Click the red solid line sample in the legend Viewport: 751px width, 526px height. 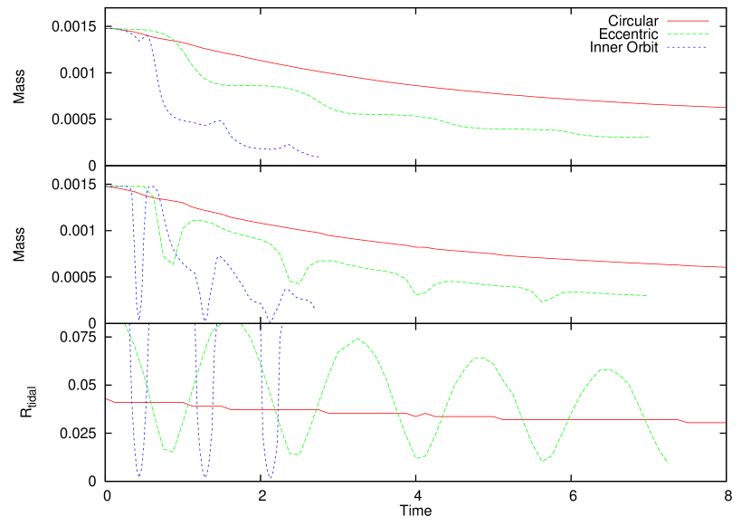(688, 20)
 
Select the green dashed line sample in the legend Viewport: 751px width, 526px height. (688, 33)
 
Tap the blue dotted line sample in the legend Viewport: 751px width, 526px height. (688, 47)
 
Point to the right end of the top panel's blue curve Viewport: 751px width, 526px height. (319, 157)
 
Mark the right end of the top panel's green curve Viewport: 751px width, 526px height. (650, 137)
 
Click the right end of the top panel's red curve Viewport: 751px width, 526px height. (726, 108)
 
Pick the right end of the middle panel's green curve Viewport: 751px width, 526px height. (650, 295)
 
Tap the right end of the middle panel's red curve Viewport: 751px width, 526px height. (726, 267)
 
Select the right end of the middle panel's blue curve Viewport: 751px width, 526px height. (314, 307)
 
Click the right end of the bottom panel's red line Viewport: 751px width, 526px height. (726, 422)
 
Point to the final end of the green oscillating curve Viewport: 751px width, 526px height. (668, 464)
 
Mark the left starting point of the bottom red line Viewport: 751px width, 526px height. (107, 398)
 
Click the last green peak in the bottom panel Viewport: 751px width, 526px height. (604, 369)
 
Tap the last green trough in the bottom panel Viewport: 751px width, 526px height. (545, 461)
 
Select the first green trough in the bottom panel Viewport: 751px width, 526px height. (169, 451)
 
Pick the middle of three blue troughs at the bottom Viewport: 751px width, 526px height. (205, 477)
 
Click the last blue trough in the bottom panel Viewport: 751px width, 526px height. (270, 478)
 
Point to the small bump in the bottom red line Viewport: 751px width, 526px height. (424, 414)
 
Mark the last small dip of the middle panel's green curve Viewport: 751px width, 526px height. (542, 301)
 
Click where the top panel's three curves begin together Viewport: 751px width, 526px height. (108, 29)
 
